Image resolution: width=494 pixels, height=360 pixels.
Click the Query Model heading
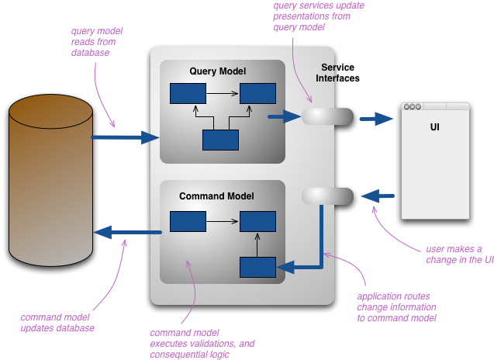[x=217, y=71]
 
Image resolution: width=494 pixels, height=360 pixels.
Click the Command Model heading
[x=216, y=196]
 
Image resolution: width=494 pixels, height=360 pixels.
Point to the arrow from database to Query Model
[x=125, y=137]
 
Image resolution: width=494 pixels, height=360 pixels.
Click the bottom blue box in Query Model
[x=220, y=140]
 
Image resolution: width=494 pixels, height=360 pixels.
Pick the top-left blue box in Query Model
[x=188, y=94]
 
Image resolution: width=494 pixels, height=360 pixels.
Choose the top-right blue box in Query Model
[x=257, y=94]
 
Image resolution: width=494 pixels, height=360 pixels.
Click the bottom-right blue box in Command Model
[x=257, y=267]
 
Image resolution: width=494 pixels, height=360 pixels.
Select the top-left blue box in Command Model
[x=188, y=222]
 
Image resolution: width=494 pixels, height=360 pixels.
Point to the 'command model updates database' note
[x=57, y=322]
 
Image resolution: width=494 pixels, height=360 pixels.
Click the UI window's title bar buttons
[x=413, y=107]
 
